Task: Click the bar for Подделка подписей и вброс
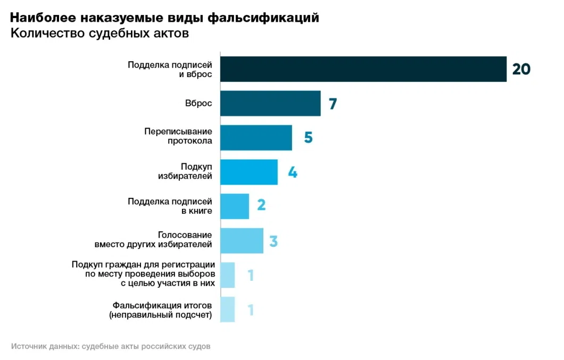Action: pos(363,69)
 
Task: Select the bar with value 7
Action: pos(270,103)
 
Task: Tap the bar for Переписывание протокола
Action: pos(256,138)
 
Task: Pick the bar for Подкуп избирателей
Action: pos(249,172)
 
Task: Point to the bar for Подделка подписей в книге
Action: pos(235,206)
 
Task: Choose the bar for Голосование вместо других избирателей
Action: pos(242,240)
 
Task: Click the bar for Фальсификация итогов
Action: pos(227,309)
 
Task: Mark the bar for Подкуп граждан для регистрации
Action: pos(227,275)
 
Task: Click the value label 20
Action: pos(521,69)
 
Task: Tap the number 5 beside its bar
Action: pos(308,138)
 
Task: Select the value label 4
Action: pos(293,172)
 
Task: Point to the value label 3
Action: pos(273,241)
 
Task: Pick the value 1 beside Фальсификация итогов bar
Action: pos(251,309)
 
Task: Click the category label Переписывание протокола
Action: pos(178,136)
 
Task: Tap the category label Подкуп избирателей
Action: pos(185,171)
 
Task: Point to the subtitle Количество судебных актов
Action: pos(99,34)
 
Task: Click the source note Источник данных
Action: pos(111,346)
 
